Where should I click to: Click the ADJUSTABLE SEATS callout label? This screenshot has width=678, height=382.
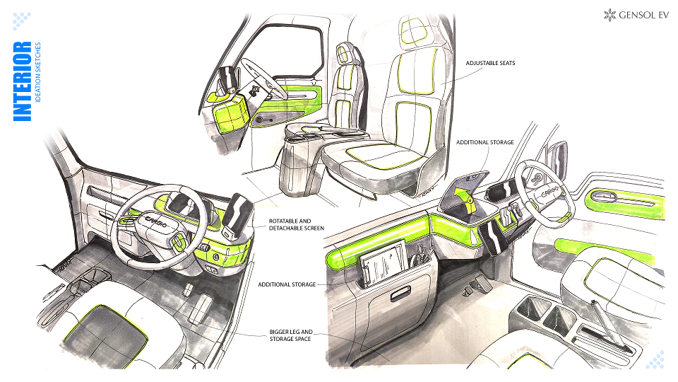[490, 63]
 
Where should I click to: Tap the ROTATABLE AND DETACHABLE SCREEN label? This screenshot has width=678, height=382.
[296, 224]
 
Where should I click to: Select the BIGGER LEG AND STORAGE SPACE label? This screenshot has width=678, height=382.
[290, 335]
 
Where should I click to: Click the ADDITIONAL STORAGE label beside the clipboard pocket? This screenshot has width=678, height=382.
[287, 284]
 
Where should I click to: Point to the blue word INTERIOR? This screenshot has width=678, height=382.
[22, 81]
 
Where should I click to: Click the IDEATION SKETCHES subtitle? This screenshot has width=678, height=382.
[38, 72]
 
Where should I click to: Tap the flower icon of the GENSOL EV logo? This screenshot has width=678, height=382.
[609, 15]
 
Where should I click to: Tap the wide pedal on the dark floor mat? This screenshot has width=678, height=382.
[200, 309]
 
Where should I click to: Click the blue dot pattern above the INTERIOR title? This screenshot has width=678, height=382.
[21, 21]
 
